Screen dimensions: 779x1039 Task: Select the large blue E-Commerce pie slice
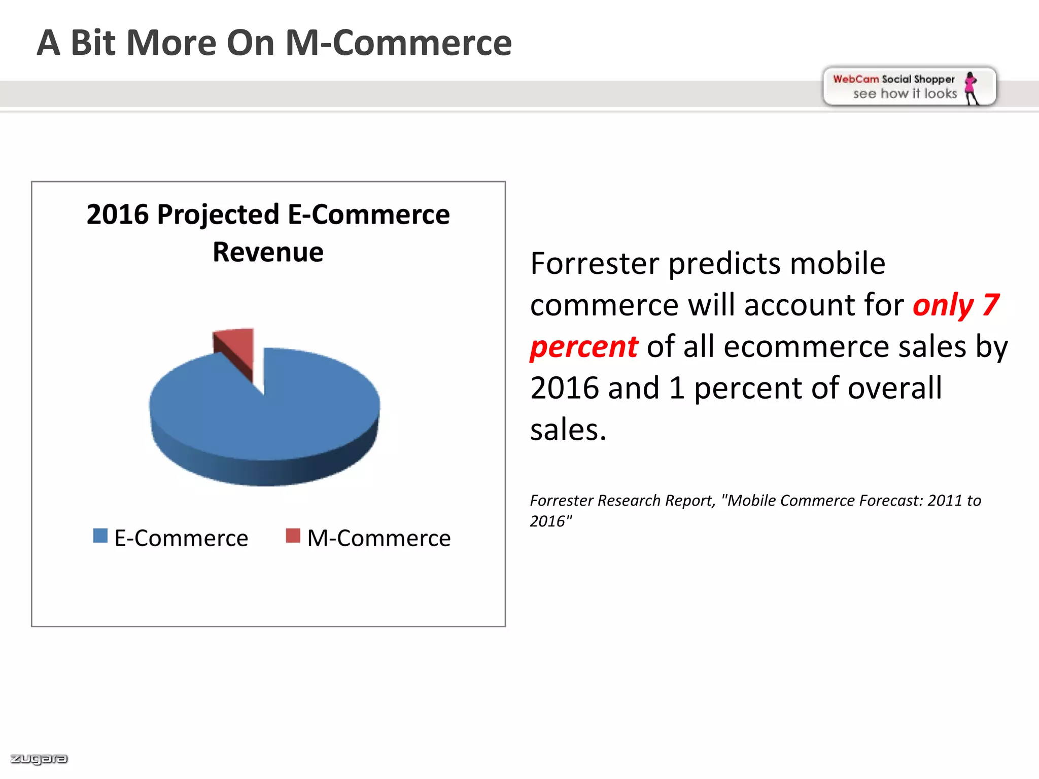click(284, 411)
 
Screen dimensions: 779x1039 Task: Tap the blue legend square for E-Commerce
click(100, 536)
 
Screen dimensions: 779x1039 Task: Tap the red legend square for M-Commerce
click(293, 536)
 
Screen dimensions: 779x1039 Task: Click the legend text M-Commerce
click(378, 538)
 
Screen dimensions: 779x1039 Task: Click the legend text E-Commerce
click(181, 538)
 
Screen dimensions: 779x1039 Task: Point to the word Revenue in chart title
click(268, 252)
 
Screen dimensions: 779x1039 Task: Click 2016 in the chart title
click(117, 215)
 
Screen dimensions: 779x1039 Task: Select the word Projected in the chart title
click(218, 215)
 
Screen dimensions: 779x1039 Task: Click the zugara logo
click(39, 759)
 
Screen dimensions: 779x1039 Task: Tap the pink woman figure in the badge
click(971, 87)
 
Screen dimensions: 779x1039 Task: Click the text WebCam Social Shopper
click(893, 79)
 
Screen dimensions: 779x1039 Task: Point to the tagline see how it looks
click(905, 94)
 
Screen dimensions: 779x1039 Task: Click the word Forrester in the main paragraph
click(595, 264)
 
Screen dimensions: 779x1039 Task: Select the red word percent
click(583, 347)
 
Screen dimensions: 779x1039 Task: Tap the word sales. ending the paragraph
click(568, 430)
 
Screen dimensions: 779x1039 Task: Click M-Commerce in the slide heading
click(399, 43)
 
